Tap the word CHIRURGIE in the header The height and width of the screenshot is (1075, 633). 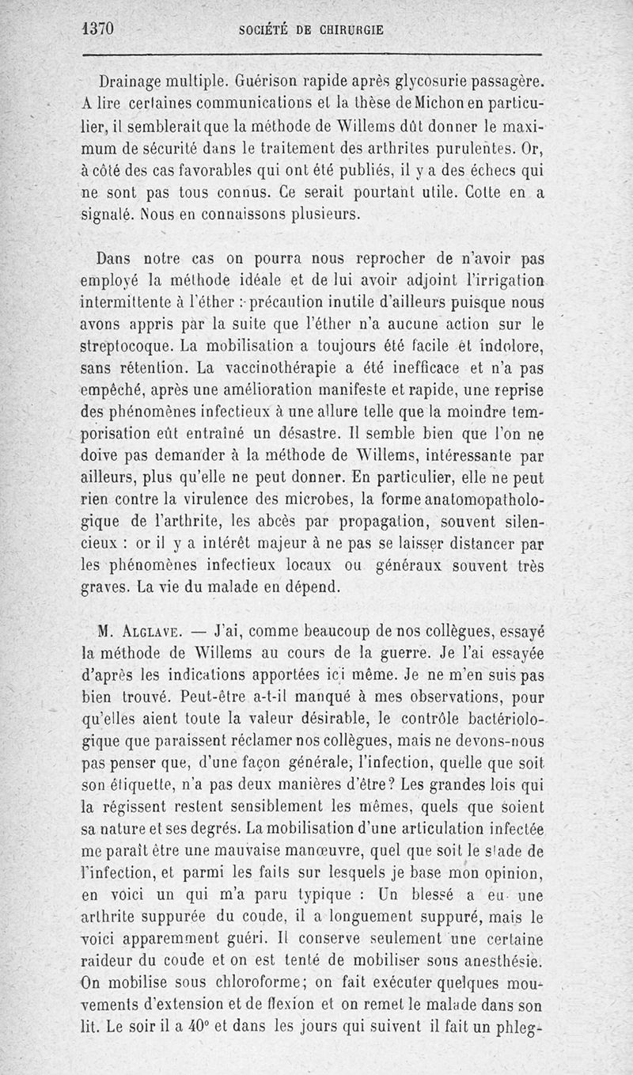click(350, 30)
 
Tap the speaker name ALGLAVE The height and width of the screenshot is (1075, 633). click(151, 632)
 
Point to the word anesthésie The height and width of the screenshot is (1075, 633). click(500, 963)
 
